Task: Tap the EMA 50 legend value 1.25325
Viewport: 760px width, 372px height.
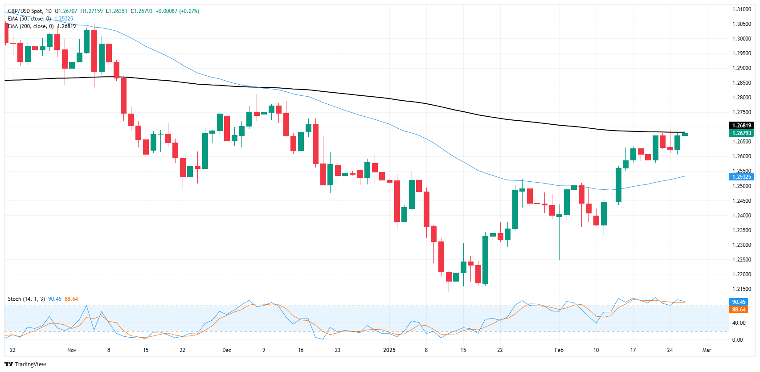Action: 64,19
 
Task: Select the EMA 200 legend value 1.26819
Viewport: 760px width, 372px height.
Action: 66,26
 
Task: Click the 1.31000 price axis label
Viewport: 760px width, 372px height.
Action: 742,9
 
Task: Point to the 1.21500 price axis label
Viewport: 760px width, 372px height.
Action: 742,289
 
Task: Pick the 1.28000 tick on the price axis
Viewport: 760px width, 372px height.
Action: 742,98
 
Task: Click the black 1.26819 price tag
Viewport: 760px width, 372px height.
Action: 742,126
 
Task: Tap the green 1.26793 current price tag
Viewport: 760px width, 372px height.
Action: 742,133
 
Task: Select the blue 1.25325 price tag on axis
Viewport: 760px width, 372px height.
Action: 742,177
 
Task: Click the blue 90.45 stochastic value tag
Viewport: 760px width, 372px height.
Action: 739,302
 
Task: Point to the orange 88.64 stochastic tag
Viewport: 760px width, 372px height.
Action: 739,310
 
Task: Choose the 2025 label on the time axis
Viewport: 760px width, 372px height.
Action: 389,350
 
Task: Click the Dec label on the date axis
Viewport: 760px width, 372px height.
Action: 227,350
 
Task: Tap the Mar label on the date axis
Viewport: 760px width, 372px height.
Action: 707,350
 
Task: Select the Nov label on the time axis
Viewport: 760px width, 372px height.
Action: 72,350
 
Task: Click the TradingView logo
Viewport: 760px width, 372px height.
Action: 25,364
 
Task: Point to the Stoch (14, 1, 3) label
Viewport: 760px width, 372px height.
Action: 26,299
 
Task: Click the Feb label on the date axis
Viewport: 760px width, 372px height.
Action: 559,350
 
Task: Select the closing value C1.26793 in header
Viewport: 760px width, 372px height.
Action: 141,11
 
